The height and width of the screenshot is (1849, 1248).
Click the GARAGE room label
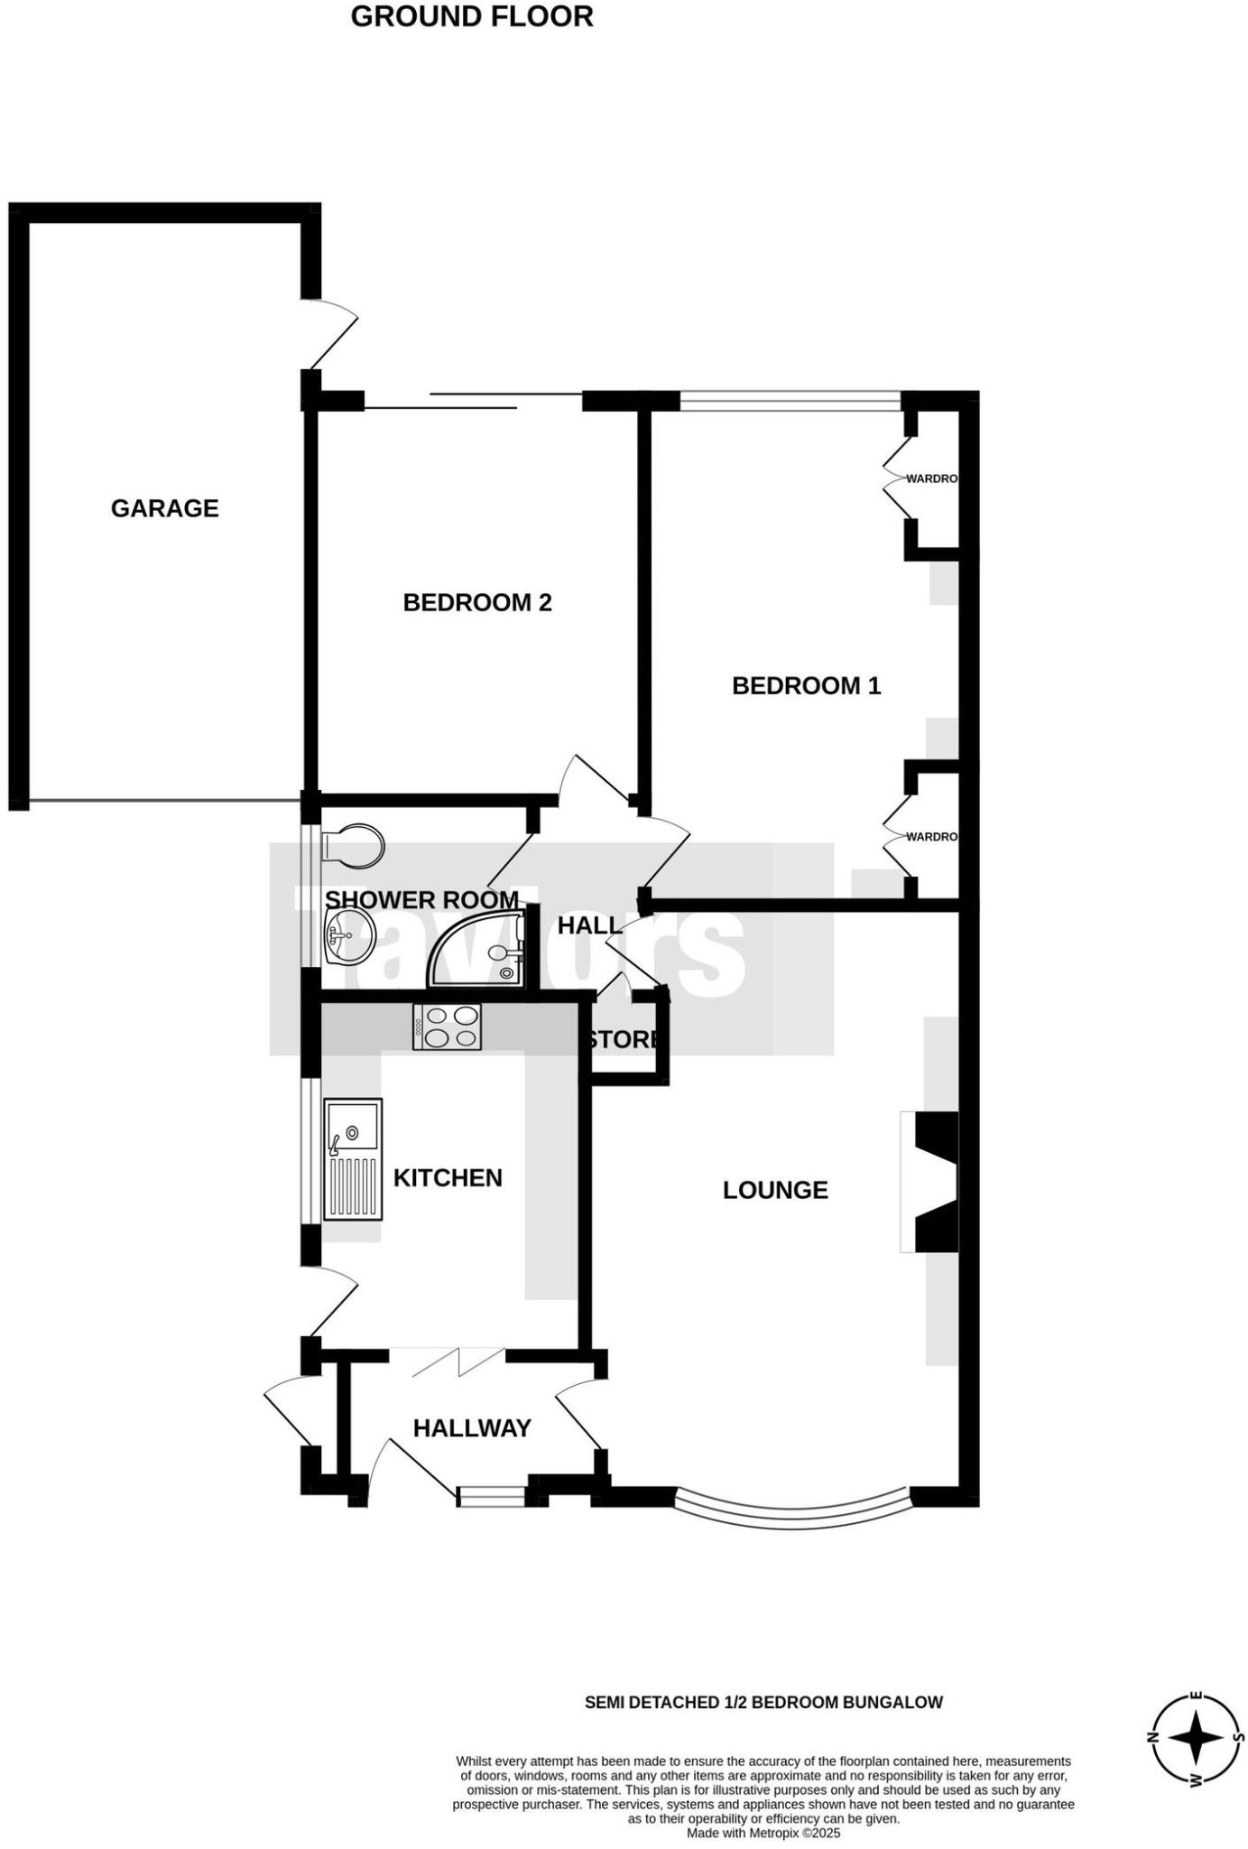coord(164,508)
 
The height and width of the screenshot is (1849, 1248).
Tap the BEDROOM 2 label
coord(476,602)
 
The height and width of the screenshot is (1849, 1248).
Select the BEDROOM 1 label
coord(806,686)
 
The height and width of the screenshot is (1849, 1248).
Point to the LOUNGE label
coord(775,1190)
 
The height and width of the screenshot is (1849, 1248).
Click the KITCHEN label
coord(448,1177)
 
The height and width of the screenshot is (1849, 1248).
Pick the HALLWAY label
coord(472,1427)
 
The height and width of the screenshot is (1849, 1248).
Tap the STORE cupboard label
coord(624,1039)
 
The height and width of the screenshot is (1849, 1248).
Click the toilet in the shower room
coord(353,846)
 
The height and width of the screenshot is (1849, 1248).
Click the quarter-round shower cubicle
coord(483,951)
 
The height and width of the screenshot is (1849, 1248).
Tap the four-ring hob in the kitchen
coord(447,1027)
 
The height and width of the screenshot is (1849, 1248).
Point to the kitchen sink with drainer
coord(353,1159)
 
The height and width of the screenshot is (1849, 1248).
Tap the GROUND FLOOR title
coord(472,16)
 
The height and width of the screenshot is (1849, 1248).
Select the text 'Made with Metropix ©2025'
coord(763,1833)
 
